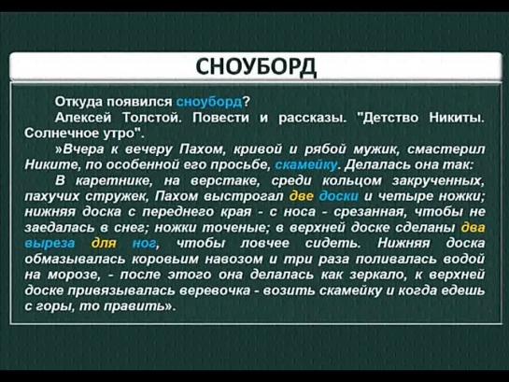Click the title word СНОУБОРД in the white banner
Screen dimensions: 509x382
(x=256, y=66)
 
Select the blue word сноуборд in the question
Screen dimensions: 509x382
(x=209, y=102)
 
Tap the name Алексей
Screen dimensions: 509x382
(x=83, y=117)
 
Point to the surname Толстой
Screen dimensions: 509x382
(x=152, y=117)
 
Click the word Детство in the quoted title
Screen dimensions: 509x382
(x=390, y=117)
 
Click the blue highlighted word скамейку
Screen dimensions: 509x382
(x=306, y=165)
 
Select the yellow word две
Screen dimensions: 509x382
(x=302, y=196)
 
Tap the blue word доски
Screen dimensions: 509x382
(x=339, y=196)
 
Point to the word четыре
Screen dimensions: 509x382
(x=403, y=196)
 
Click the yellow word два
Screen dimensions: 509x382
(x=473, y=227)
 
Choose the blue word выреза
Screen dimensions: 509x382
(x=49, y=244)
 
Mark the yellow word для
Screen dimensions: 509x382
(x=104, y=243)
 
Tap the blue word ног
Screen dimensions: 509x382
(x=144, y=244)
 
